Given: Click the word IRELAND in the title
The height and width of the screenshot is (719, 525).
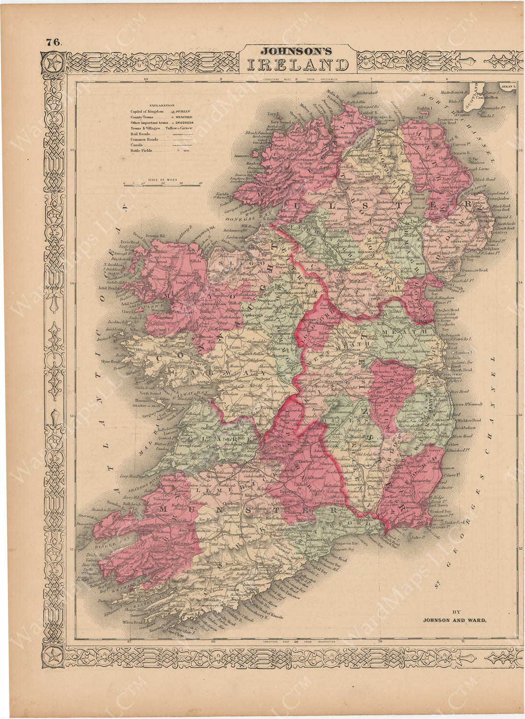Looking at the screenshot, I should pos(297,65).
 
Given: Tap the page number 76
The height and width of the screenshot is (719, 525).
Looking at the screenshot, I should pos(53,42).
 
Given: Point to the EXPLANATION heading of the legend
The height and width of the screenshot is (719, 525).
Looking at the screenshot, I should pos(162,105).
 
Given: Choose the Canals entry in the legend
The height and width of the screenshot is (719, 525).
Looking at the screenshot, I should pos(137,145).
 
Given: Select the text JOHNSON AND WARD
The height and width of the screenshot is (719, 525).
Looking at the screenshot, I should pos(454,620).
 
